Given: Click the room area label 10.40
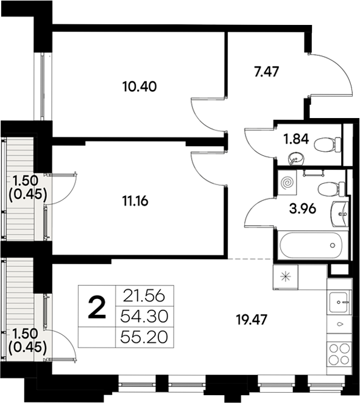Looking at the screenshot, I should pyautogui.click(x=139, y=86).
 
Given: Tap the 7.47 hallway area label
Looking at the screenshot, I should pyautogui.click(x=266, y=72).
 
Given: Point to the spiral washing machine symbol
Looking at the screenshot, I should pyautogui.click(x=287, y=182).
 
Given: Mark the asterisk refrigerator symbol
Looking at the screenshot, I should pyautogui.click(x=284, y=276).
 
